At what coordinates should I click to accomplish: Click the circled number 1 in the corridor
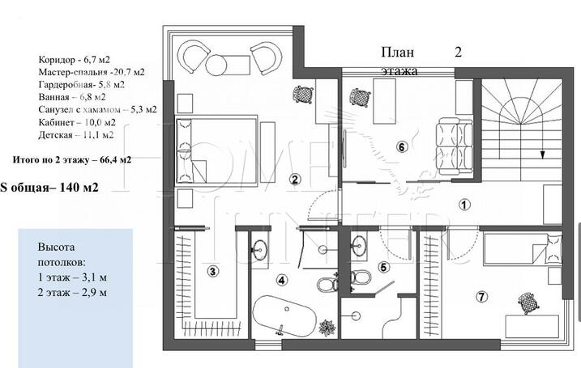464,205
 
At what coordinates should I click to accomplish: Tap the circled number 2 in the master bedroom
295,180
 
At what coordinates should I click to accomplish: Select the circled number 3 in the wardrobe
212,272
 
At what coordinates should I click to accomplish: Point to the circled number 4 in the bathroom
282,281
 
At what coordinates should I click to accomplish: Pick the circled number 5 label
383,267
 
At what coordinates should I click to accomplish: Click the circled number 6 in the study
402,147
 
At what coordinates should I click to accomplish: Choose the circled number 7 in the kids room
481,297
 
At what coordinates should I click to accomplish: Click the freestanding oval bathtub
284,316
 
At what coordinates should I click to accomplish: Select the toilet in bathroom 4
327,284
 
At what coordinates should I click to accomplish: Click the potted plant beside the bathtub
328,328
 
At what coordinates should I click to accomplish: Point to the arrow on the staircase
542,151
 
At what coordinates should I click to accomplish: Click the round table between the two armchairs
216,65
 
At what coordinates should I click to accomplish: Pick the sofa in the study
455,146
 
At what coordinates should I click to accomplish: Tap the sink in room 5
359,246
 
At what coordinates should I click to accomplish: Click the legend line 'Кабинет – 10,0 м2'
77,122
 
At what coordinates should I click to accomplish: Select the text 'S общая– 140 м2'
49,188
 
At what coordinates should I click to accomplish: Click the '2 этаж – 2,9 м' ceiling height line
72,292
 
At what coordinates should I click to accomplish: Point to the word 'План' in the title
398,53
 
